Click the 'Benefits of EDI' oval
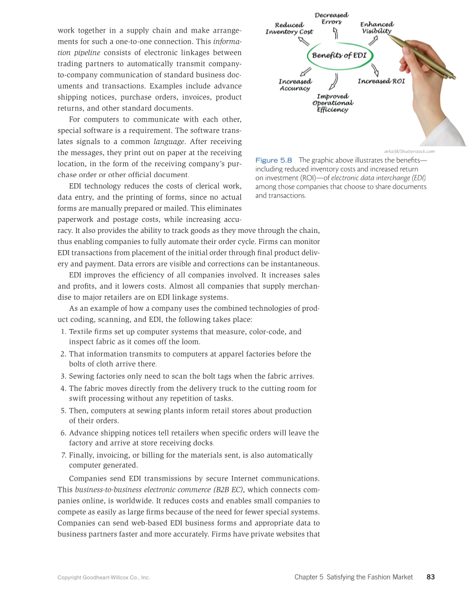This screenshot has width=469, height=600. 339,55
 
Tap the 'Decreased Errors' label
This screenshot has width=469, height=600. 331,18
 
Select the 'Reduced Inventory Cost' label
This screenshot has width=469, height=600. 289,28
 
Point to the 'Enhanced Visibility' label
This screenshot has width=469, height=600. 377,28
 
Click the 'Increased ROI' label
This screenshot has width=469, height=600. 381,81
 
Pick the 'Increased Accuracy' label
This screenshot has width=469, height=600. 294,84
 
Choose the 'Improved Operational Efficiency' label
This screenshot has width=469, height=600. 333,103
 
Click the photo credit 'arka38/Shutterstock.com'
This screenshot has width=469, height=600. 409,151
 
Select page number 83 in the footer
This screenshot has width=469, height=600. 431,577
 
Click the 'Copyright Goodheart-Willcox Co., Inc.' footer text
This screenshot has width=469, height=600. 104,577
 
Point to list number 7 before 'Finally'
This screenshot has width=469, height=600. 62,455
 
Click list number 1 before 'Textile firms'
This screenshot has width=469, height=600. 62,332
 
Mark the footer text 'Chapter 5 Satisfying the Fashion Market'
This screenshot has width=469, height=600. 354,577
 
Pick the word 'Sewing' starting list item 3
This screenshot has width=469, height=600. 81,376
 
